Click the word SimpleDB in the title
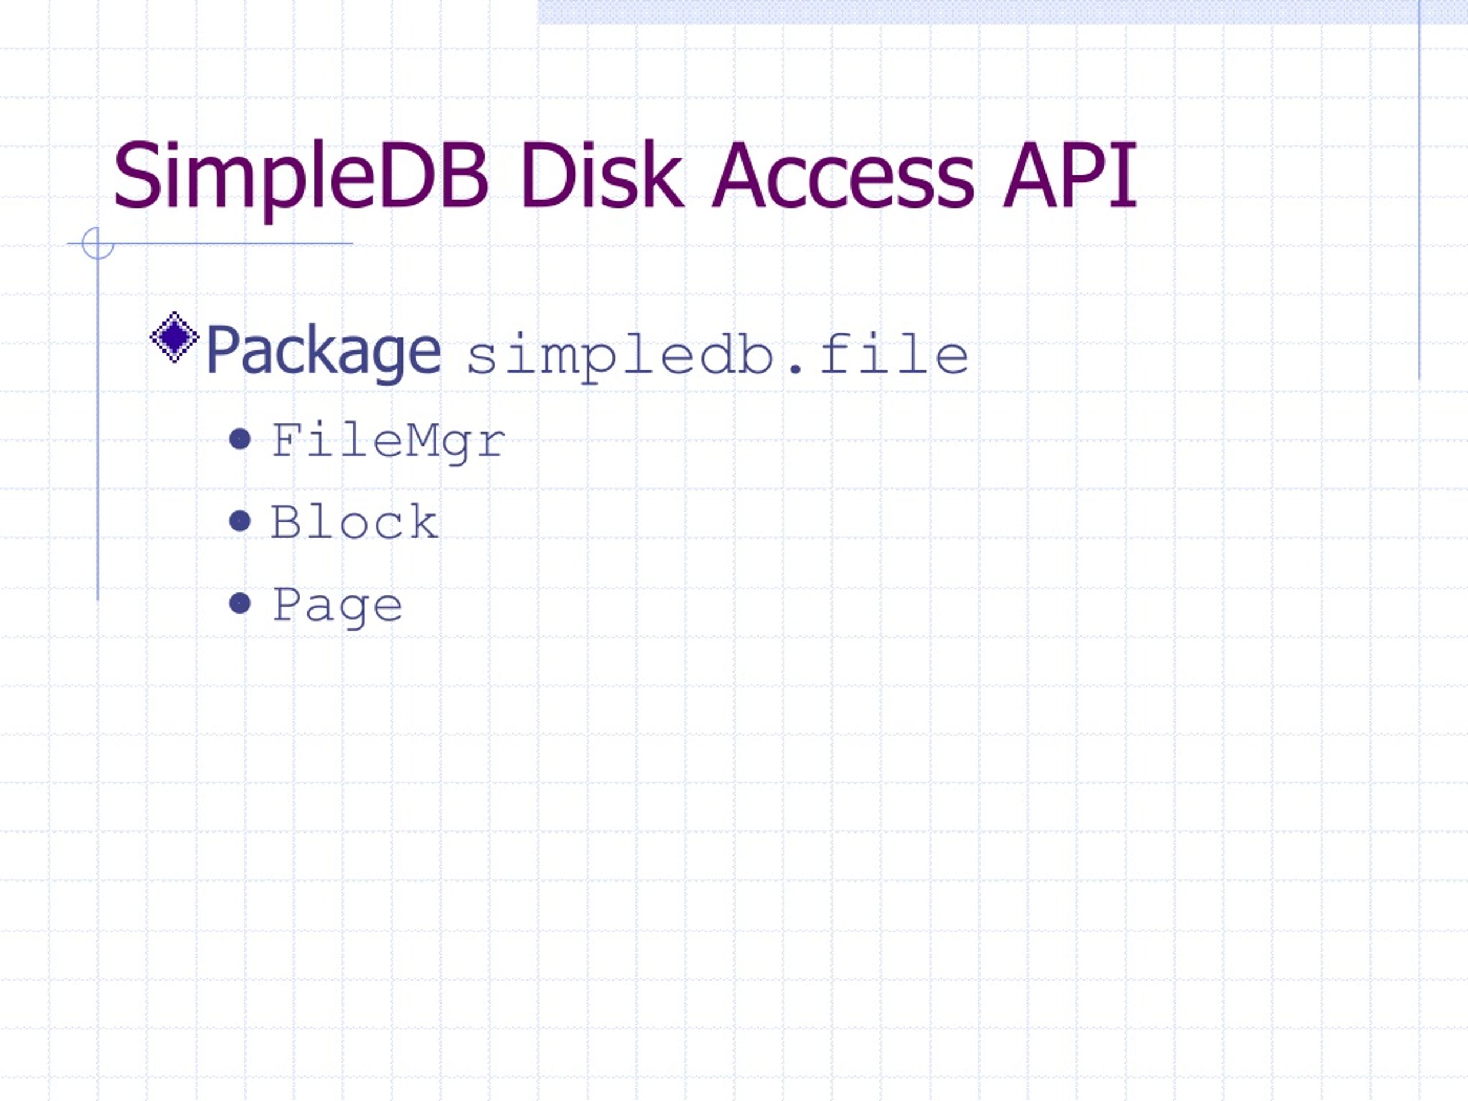point(300,177)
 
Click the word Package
point(323,352)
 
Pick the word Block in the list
point(354,522)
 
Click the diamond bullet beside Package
point(174,338)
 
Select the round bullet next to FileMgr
point(240,439)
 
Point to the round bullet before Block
point(240,521)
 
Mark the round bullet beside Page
point(240,603)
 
